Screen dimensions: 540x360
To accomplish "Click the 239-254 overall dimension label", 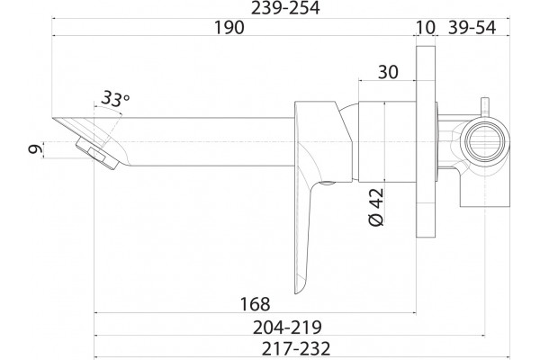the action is (285, 8).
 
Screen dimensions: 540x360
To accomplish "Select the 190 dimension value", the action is (229, 27).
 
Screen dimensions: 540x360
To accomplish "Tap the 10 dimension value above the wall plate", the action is (426, 27).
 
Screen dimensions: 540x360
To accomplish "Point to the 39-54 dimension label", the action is (472, 27).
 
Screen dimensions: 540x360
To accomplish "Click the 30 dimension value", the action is (388, 72).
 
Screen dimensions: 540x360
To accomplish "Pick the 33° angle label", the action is (115, 99).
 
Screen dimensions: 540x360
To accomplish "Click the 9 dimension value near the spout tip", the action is (35, 149).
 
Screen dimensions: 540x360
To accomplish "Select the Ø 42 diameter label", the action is (376, 207).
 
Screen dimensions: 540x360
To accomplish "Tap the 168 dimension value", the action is (255, 304).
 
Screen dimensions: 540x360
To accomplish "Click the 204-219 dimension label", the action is (287, 328).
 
